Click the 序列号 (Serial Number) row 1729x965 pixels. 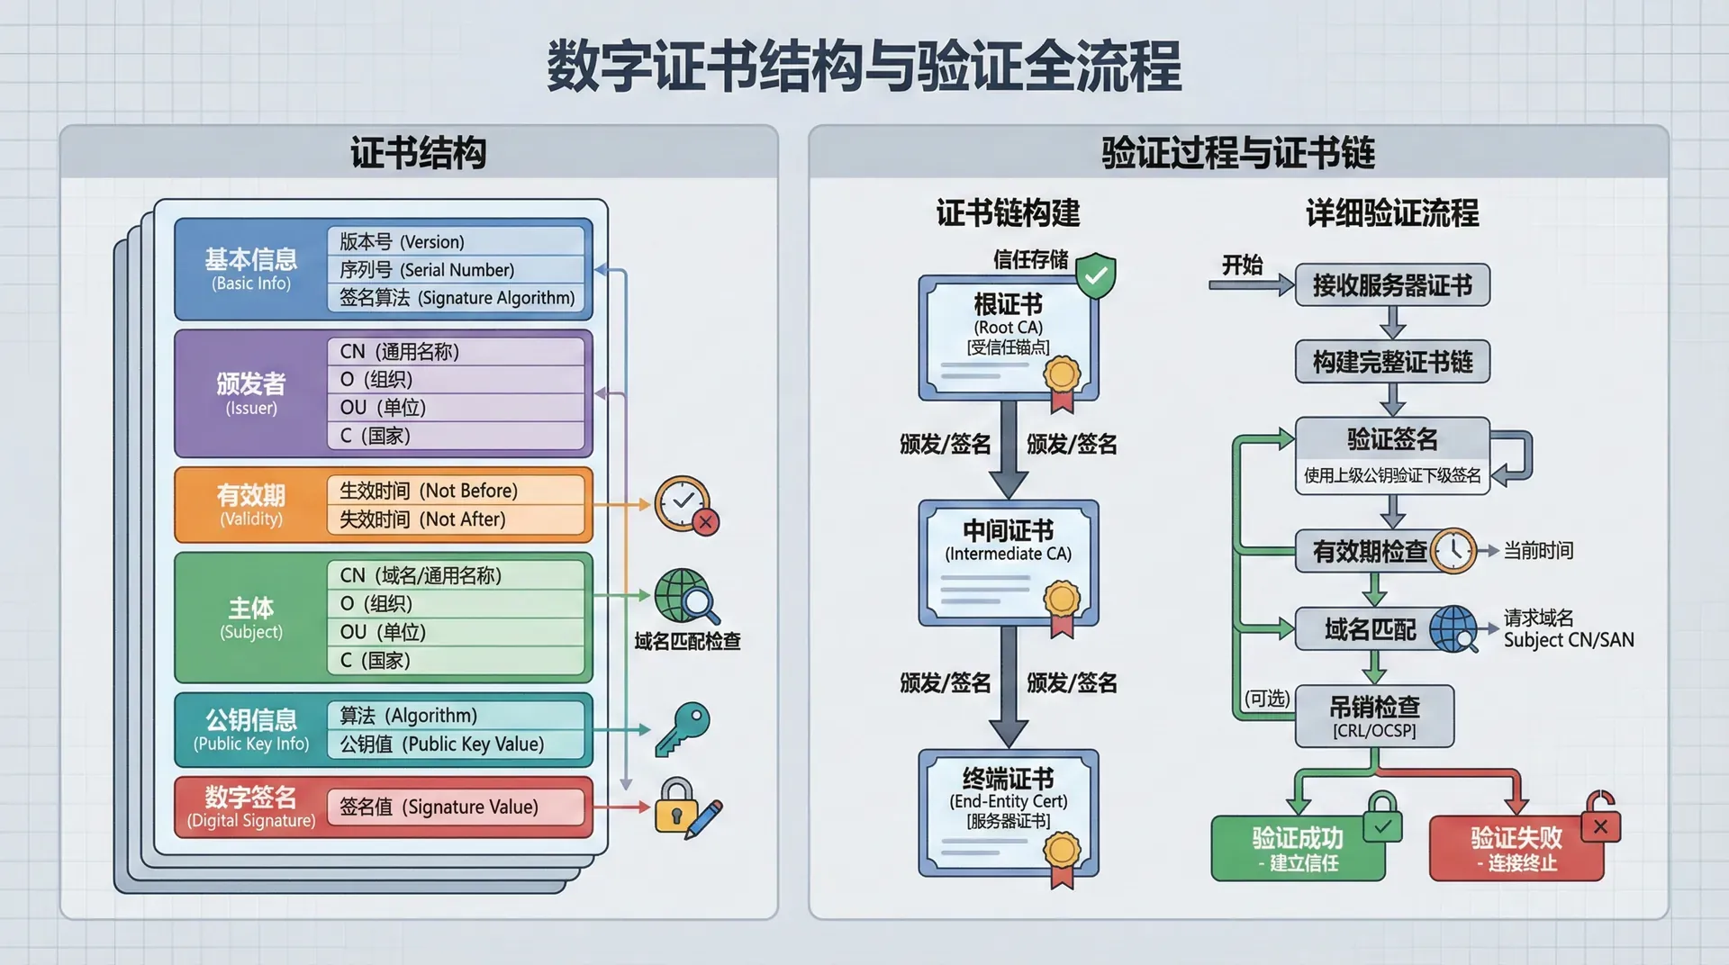pos(456,270)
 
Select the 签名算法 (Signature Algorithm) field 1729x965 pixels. pos(456,298)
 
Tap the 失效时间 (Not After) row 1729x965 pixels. pos(456,519)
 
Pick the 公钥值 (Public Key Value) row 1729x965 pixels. pos(456,744)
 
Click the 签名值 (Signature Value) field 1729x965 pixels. pos(456,807)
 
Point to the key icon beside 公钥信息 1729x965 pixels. pos(683,728)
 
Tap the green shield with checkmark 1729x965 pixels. pos(1096,275)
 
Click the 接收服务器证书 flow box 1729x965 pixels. pos(1392,285)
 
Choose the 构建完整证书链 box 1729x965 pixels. pos(1392,362)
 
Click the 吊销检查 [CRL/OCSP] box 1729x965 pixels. pos(1374,717)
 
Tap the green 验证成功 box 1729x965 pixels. pos(1298,848)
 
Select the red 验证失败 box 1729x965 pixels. pos(1516,848)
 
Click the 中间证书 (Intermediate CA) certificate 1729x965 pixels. pos(1008,563)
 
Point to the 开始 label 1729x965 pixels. pos(1242,266)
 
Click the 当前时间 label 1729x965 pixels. pos(1538,551)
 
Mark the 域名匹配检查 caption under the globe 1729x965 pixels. pos(687,641)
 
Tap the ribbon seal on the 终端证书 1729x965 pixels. pos(1062,857)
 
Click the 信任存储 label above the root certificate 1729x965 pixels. pos(1030,260)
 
